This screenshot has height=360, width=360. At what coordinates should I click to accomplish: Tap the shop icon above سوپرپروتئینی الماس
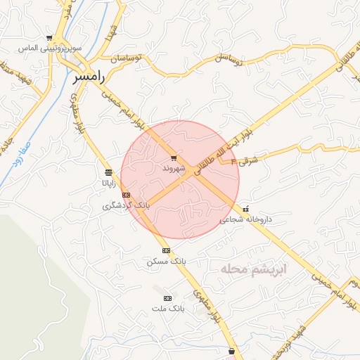click(49, 38)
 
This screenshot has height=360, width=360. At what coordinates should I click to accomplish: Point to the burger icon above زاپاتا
click(108, 172)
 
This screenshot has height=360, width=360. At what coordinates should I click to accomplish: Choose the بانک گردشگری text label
click(126, 205)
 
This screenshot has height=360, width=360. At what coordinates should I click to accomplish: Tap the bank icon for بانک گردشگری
click(126, 195)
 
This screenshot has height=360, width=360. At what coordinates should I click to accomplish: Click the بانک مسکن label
click(167, 261)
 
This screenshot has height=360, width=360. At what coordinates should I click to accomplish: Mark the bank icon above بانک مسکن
click(167, 250)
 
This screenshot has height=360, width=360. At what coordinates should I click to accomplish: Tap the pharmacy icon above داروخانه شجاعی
click(245, 209)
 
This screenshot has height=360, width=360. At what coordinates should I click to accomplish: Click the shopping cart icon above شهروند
click(174, 158)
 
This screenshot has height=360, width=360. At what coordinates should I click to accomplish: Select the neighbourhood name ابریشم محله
click(252, 269)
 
